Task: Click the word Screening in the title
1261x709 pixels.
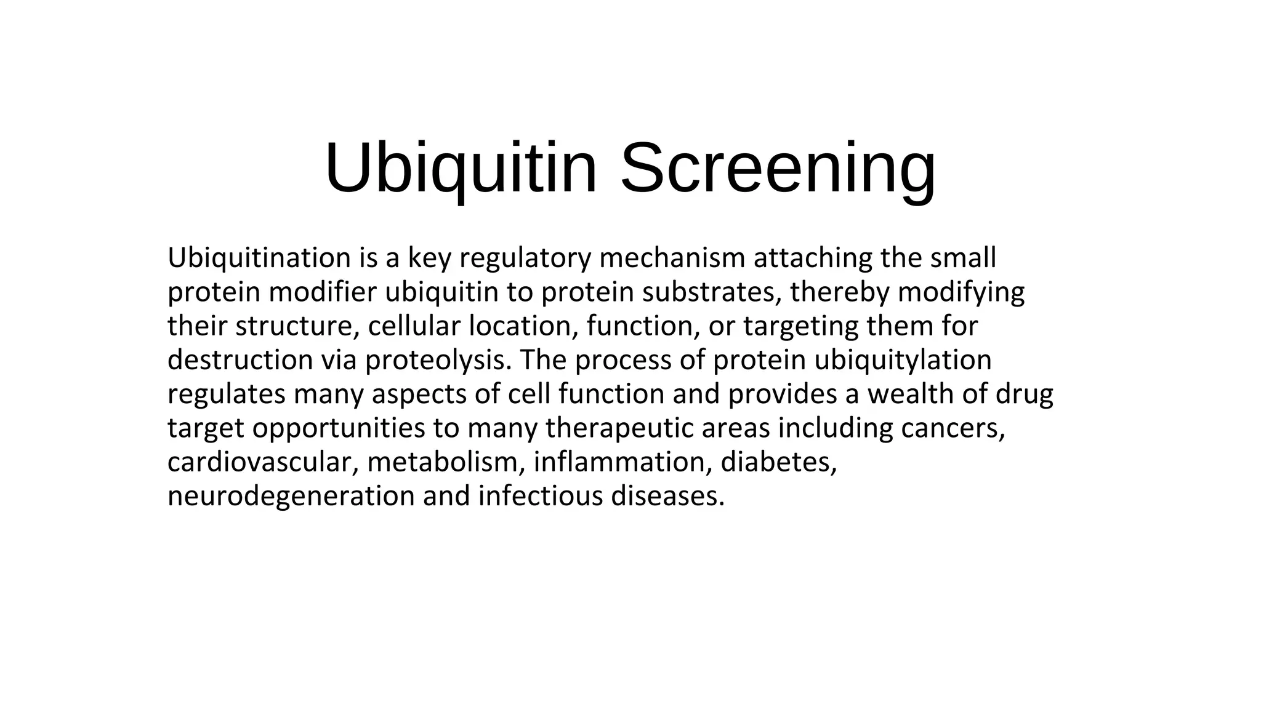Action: [778, 168]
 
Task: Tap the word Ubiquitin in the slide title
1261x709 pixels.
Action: [461, 168]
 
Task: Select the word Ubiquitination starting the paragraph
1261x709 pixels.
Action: [259, 258]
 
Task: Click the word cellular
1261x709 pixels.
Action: [414, 326]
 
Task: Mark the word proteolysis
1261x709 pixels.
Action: [438, 360]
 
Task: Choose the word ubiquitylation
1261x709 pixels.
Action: [903, 360]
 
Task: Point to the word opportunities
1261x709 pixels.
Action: [338, 428]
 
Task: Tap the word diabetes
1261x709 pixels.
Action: [778, 462]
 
